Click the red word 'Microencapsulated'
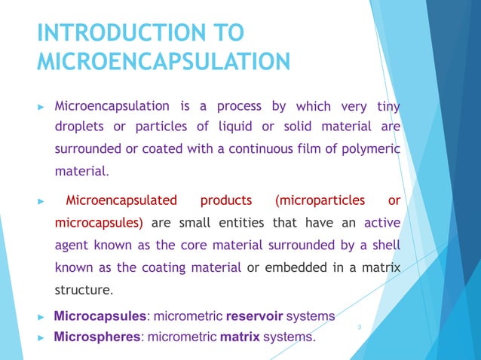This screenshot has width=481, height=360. pyautogui.click(x=121, y=200)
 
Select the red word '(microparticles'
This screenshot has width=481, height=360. pyautogui.click(x=320, y=200)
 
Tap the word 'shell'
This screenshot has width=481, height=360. pyautogui.click(x=385, y=246)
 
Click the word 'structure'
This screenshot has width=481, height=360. pyautogui.click(x=82, y=290)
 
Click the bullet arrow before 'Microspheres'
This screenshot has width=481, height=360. pyautogui.click(x=42, y=337)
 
